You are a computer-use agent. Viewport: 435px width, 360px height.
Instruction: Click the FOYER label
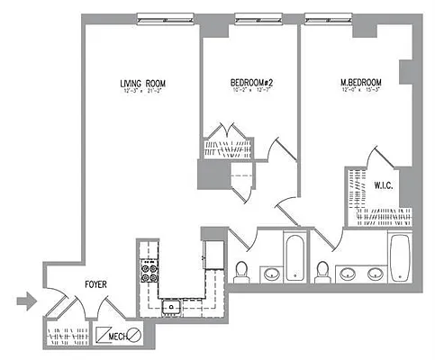click(96, 284)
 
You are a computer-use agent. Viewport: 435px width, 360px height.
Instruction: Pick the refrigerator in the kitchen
click(213, 252)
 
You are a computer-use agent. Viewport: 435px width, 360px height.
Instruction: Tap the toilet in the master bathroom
click(323, 269)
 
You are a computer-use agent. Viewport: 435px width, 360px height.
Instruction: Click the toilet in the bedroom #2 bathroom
click(240, 269)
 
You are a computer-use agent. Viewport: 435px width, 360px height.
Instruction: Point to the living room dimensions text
click(141, 93)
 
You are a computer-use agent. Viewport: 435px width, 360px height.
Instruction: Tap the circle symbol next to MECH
click(133, 336)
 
